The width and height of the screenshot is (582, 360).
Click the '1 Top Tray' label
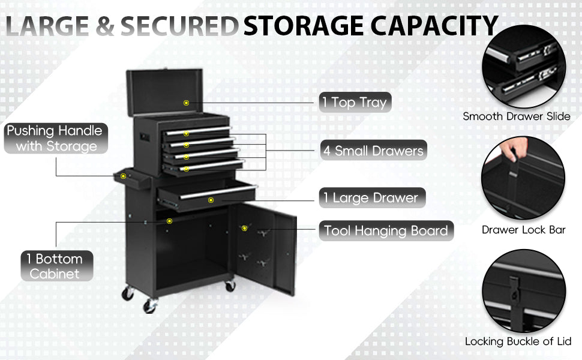pyautogui.click(x=355, y=102)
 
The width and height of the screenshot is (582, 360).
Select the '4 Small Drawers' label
pyautogui.click(x=373, y=151)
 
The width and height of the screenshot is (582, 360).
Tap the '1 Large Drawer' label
pyautogui.click(x=372, y=198)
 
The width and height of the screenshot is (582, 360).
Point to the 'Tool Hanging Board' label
pyautogui.click(x=386, y=231)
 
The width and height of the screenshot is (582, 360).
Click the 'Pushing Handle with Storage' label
pyautogui.click(x=56, y=139)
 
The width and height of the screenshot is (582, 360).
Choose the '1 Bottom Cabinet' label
pyautogui.click(x=56, y=266)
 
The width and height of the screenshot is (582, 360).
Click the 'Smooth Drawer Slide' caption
pyautogui.click(x=517, y=116)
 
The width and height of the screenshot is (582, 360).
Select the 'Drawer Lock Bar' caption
pyautogui.click(x=523, y=230)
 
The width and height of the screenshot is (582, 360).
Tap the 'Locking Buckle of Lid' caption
pyautogui.click(x=518, y=341)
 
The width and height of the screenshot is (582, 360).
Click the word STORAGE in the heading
pyautogui.click(x=303, y=26)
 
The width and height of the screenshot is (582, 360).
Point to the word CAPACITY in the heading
pyautogui.click(x=434, y=26)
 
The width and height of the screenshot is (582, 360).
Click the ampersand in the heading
pyautogui.click(x=105, y=26)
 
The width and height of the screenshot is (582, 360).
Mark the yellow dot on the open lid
pyautogui.click(x=187, y=103)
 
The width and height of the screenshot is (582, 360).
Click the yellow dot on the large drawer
pyautogui.click(x=211, y=200)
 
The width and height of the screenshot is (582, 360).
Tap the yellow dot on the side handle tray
pyautogui.click(x=123, y=176)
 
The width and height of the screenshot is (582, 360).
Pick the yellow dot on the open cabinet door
pyautogui.click(x=244, y=228)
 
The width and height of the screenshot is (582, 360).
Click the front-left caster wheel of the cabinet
pyautogui.click(x=151, y=305)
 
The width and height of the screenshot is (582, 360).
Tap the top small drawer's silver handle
pyautogui.click(x=198, y=130)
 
